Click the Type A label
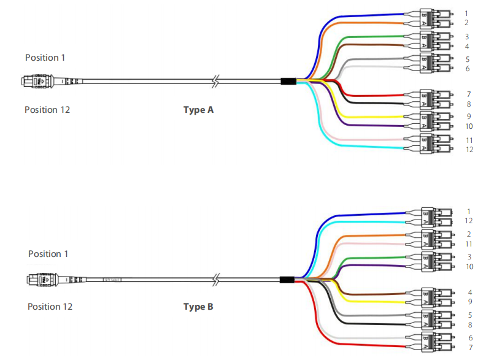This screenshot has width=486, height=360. [198, 110]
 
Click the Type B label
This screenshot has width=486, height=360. [198, 306]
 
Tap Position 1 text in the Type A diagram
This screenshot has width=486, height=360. [45, 58]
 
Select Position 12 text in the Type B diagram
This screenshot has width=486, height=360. [50, 306]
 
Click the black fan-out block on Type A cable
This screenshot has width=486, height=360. [288, 81]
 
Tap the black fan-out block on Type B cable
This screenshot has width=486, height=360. [287, 280]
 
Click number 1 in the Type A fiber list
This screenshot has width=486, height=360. [467, 13]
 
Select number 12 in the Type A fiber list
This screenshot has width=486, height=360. [469, 150]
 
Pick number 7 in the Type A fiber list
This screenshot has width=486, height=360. [468, 94]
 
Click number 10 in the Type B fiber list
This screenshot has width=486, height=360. [469, 266]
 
